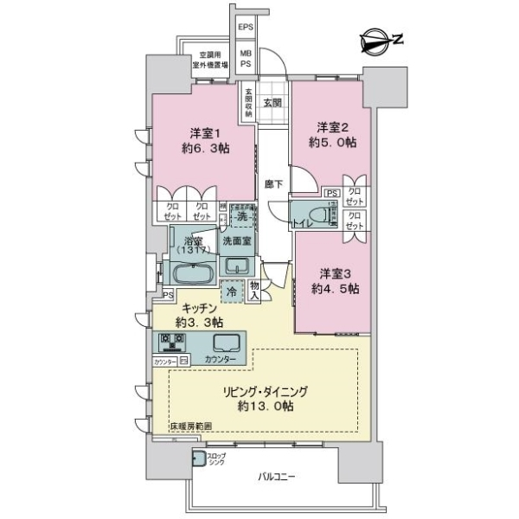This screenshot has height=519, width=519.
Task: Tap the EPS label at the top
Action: (x=247, y=27)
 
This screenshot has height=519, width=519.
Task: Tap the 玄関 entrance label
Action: (x=272, y=102)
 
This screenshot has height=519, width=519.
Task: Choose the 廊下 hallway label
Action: (x=271, y=184)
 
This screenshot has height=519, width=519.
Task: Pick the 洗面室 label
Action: (x=234, y=241)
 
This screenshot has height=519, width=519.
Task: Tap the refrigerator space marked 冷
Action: (x=230, y=292)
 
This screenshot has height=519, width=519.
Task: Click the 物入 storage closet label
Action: (x=254, y=290)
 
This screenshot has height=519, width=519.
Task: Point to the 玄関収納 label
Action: (x=248, y=102)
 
